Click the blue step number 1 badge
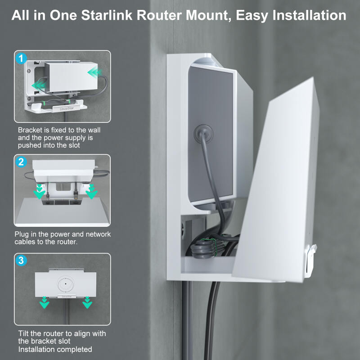[21, 58]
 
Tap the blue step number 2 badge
[21, 162]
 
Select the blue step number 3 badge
[21, 261]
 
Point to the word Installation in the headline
[309, 15]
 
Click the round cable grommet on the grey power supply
[203, 134]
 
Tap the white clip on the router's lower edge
[310, 261]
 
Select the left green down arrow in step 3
[44, 302]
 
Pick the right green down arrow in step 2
[92, 191]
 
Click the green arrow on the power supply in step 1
[95, 72]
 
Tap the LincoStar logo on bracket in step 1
[67, 108]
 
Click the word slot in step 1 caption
[74, 145]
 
